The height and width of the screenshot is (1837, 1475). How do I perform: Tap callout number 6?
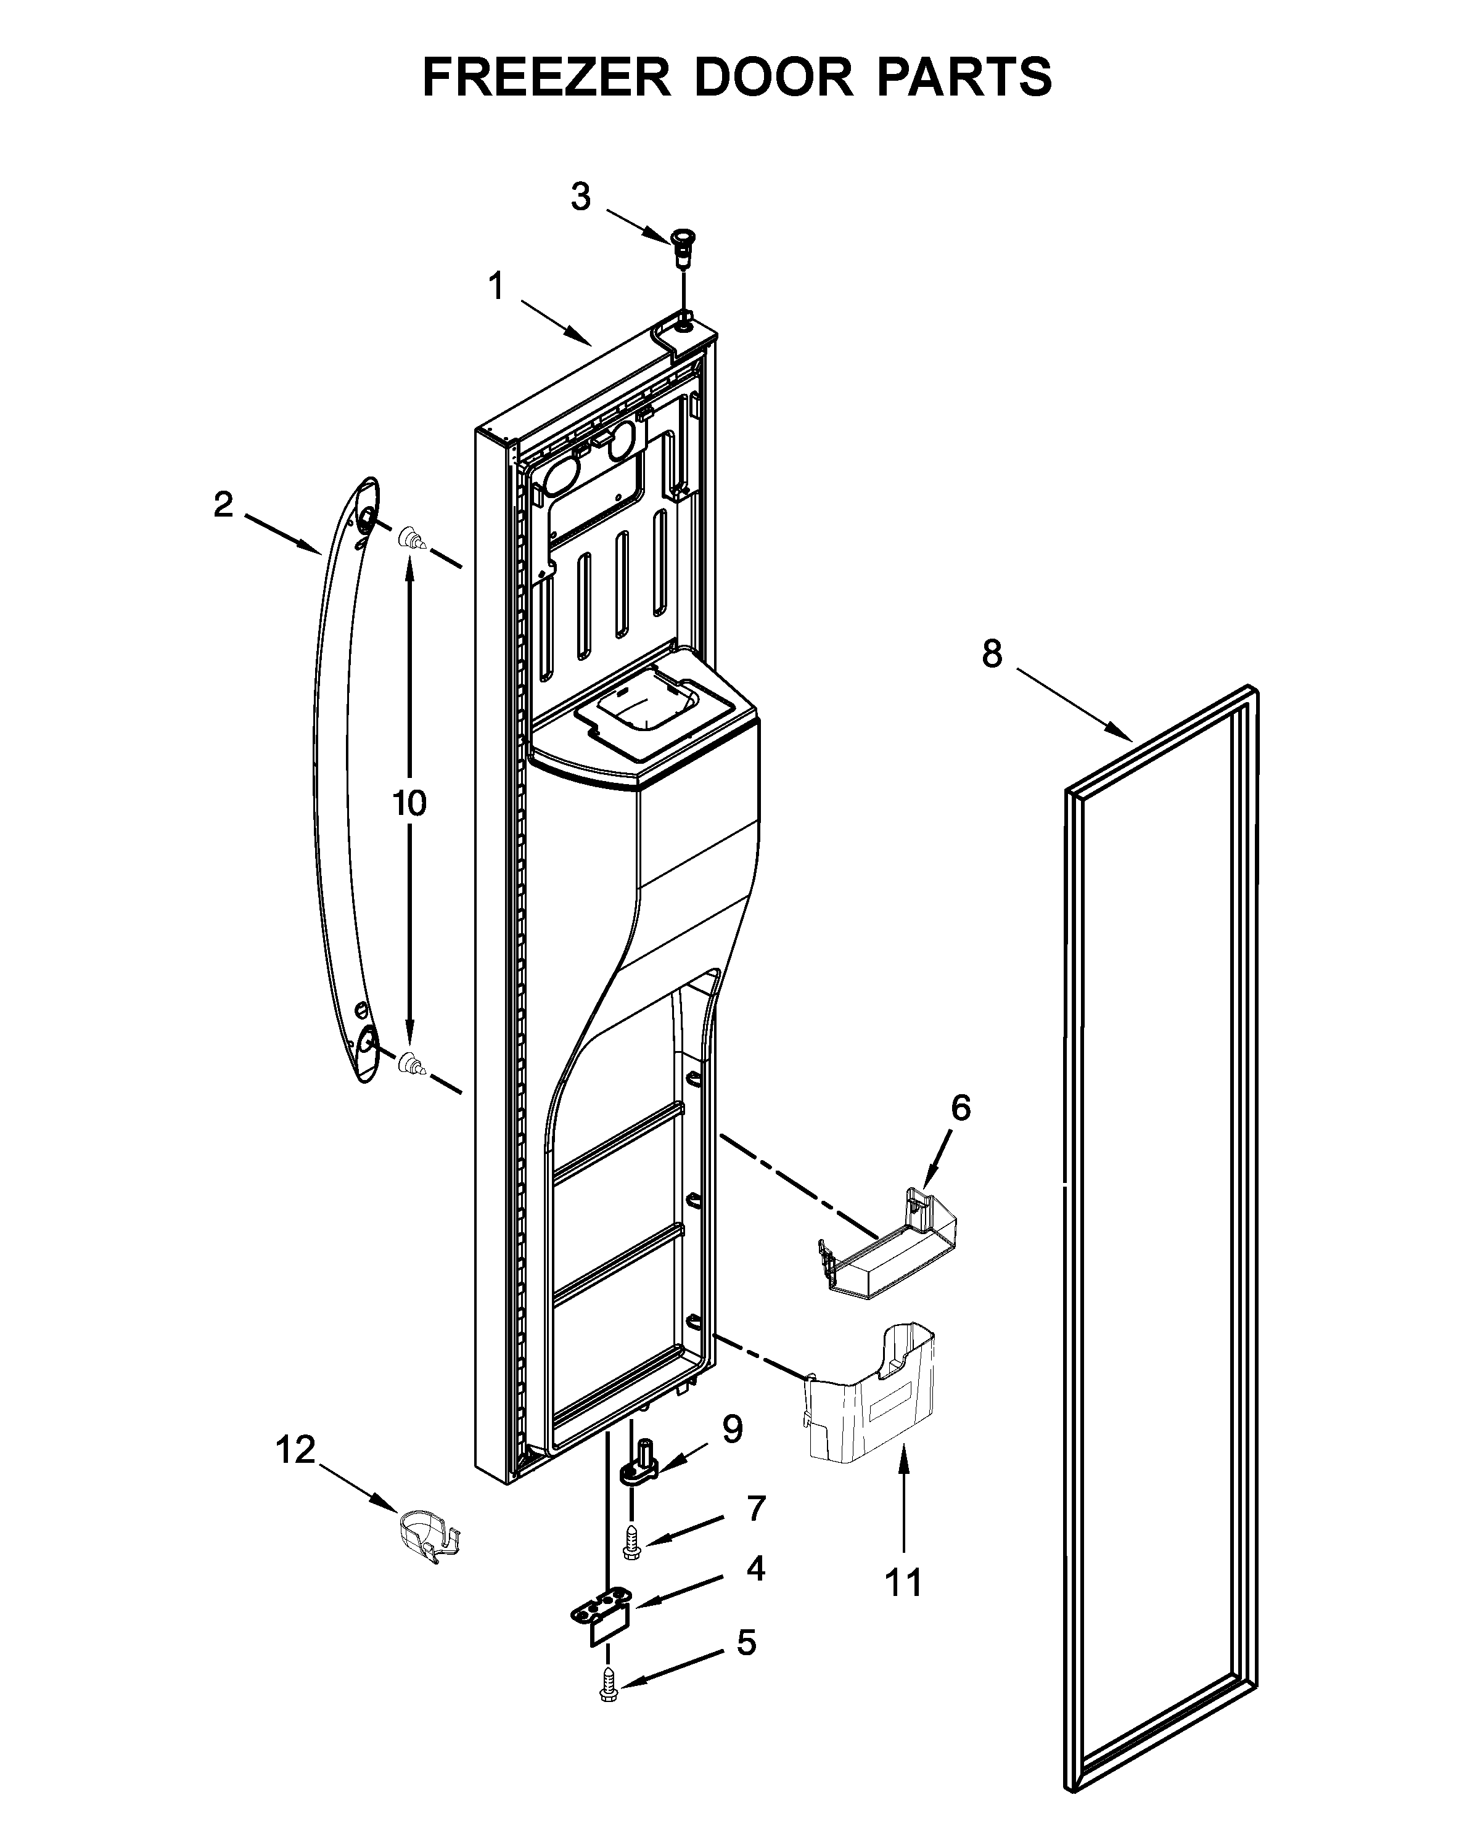(960, 1108)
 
